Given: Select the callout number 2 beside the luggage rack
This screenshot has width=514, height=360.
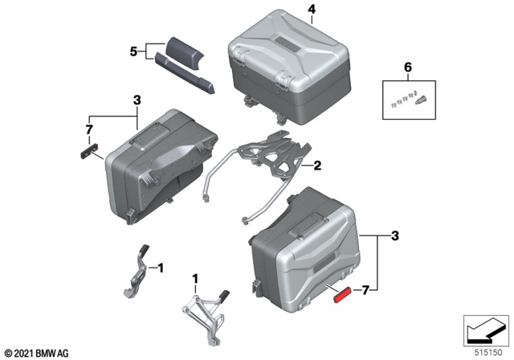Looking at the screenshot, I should (317, 166).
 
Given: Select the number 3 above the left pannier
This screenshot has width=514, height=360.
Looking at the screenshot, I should (137, 100).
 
